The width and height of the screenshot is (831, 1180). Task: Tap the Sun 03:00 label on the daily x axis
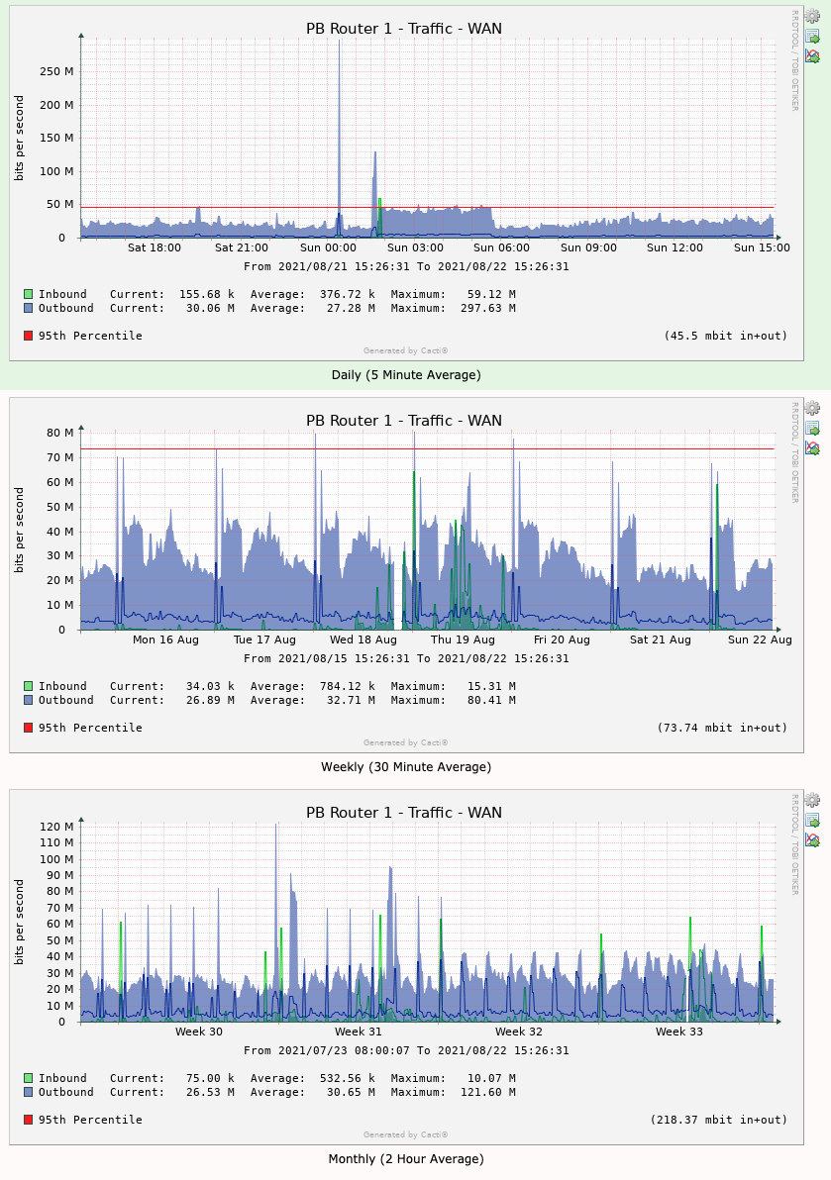[x=415, y=247]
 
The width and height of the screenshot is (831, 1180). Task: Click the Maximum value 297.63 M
[x=487, y=308]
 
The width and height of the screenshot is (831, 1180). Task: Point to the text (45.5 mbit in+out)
[x=725, y=336]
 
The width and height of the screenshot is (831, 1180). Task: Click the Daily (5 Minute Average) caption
[x=406, y=375]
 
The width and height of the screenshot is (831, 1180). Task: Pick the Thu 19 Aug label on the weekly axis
[x=462, y=639]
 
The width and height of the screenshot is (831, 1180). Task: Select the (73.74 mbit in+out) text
[x=722, y=728]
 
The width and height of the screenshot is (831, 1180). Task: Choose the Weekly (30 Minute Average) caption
[x=406, y=767]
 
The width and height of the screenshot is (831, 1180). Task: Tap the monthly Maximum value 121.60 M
[x=487, y=1092]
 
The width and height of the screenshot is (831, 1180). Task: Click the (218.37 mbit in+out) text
[x=718, y=1120]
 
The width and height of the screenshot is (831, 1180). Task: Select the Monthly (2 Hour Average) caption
[x=406, y=1159]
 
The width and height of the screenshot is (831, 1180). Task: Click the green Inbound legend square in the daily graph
[x=29, y=294]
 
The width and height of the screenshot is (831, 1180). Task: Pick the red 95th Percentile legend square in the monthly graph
[x=29, y=1120]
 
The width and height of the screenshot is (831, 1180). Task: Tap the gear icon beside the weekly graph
[x=812, y=408]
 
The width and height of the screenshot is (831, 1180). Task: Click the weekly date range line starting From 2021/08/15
[x=406, y=658]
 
